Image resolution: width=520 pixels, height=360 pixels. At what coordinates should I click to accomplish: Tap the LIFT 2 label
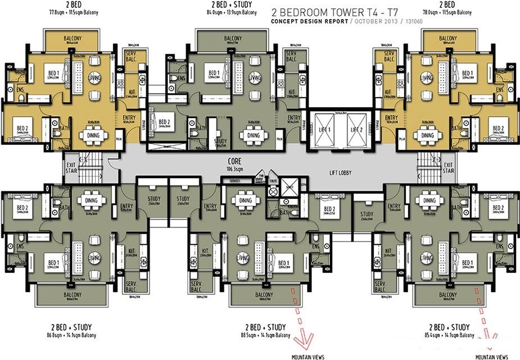click(356, 129)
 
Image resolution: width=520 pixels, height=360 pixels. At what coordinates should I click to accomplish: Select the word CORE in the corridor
click(227, 160)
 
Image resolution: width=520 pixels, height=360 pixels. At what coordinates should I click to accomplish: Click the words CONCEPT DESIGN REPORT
click(308, 21)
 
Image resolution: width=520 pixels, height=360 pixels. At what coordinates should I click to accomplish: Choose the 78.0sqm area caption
click(448, 12)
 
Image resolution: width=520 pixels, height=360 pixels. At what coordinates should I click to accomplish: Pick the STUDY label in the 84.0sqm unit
click(220, 142)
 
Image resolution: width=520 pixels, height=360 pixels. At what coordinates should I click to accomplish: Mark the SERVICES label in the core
click(230, 180)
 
